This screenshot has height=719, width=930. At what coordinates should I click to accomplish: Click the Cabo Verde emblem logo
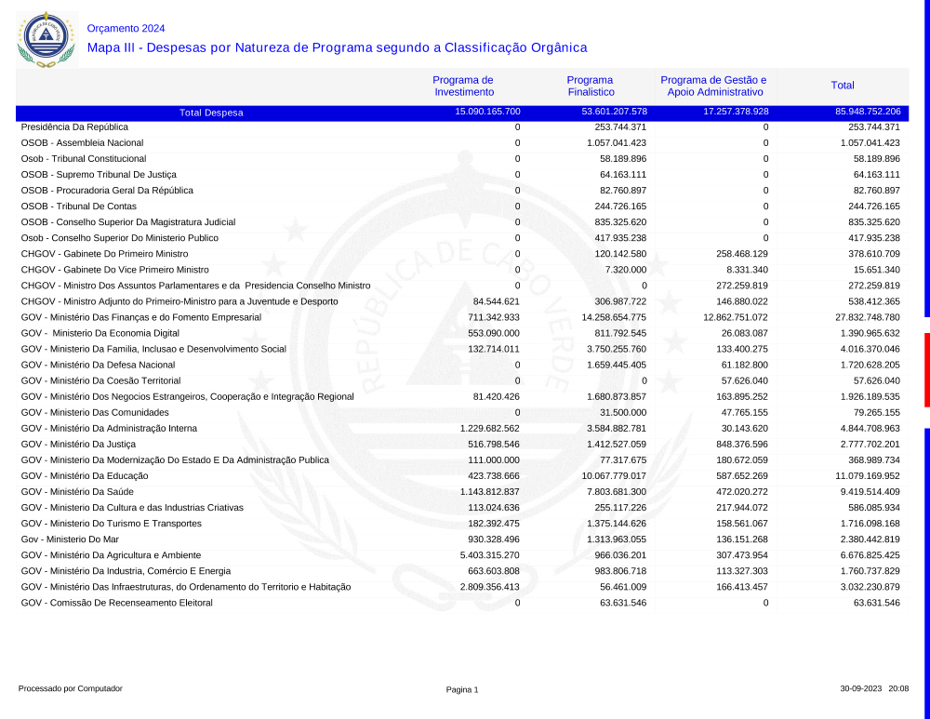click(45, 39)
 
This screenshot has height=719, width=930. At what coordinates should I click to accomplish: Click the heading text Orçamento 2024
click(126, 28)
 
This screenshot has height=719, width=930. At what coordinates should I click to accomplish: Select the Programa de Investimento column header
click(463, 86)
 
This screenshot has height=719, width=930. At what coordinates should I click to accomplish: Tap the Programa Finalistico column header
click(591, 86)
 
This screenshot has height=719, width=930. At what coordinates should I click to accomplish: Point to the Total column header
click(843, 86)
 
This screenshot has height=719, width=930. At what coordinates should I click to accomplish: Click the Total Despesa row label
click(211, 113)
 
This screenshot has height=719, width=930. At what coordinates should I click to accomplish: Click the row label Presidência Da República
click(74, 126)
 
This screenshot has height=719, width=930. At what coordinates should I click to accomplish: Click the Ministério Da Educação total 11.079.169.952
click(861, 475)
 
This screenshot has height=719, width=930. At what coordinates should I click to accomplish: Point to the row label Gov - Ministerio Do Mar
click(70, 539)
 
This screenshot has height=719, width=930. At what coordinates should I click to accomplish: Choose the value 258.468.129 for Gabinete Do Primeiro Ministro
click(735, 254)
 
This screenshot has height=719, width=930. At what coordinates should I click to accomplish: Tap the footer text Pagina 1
click(462, 689)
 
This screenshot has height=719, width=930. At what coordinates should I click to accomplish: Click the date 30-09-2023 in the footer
click(861, 689)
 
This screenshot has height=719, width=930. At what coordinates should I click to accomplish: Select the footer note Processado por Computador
click(71, 689)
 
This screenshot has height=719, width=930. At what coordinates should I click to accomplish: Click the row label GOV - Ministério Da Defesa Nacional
click(98, 365)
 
